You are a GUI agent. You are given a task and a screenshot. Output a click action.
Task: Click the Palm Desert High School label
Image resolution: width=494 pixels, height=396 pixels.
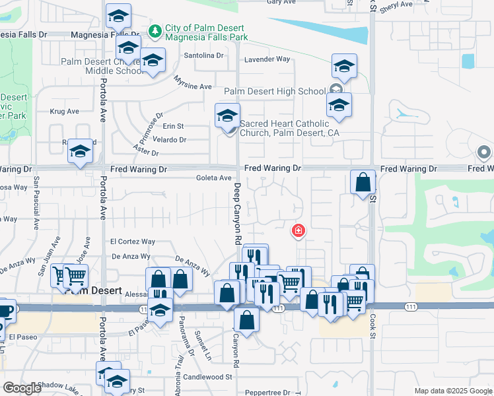click(x=275, y=91)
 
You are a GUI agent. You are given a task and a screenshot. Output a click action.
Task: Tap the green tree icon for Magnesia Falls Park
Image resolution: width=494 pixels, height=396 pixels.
click(x=155, y=30)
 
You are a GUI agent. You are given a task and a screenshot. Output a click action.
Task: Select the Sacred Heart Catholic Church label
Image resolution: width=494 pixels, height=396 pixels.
click(x=284, y=128)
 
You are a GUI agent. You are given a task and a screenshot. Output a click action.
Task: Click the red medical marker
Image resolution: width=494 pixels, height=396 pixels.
click(x=299, y=230)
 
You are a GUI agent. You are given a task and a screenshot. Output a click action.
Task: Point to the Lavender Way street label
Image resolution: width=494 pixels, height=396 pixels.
click(x=267, y=59)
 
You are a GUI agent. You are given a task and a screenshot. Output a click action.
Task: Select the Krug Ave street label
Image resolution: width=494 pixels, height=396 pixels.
click(x=65, y=112)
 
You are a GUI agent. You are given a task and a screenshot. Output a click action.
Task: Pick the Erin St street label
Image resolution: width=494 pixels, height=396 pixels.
click(x=173, y=126)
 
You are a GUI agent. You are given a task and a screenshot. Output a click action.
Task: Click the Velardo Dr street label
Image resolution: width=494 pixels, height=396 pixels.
click(x=170, y=140)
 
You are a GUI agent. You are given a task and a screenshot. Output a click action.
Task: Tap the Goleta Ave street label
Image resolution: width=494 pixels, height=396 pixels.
click(x=214, y=178)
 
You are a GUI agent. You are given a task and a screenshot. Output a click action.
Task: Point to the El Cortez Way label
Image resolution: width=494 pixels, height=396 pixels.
click(x=133, y=242)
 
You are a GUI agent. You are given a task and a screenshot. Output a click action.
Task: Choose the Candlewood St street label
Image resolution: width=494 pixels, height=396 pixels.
click(x=209, y=378)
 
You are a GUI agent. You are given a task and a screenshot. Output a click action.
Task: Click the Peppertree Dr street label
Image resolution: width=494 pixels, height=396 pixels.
click(x=267, y=392)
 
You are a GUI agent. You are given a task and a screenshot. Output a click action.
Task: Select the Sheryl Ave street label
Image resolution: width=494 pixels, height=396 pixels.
click(x=396, y=4)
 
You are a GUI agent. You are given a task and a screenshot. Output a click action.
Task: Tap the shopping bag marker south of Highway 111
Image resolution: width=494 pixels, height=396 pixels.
click(x=246, y=320)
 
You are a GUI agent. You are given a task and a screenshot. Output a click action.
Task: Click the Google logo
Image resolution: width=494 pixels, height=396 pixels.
click(x=22, y=388)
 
